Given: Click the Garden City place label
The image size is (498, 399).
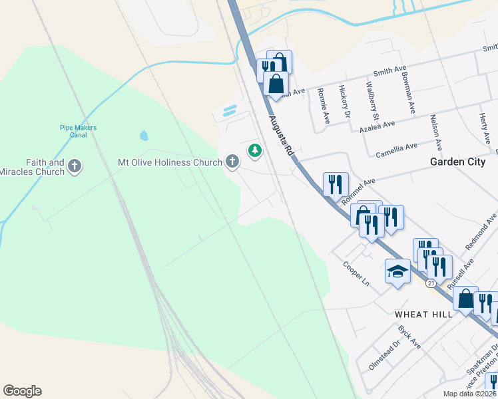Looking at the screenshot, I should pyautogui.click(x=457, y=162).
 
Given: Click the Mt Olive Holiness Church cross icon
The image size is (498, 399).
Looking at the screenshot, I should pyautogui.click(x=232, y=162).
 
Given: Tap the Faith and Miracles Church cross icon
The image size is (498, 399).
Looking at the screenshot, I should pyautogui.click(x=75, y=166).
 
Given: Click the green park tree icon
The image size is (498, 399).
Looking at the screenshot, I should pyautogui.click(x=254, y=151).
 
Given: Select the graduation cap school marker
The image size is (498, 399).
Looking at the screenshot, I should pyautogui.click(x=397, y=271).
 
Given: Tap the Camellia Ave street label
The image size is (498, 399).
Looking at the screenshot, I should pyautogui.click(x=397, y=148).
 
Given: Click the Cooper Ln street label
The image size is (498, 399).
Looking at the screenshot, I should pyautogui.click(x=356, y=273).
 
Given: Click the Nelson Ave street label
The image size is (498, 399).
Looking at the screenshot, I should pyautogui.click(x=436, y=130).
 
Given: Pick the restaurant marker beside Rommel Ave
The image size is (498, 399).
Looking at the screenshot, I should pyautogui.click(x=336, y=184).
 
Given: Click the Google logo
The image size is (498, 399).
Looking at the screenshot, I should pyautogui.click(x=22, y=391).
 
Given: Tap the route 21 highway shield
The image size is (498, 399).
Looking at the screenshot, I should pyautogui.click(x=431, y=283).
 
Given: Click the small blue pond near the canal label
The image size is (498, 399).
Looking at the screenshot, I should pyautogui.click(x=144, y=136).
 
